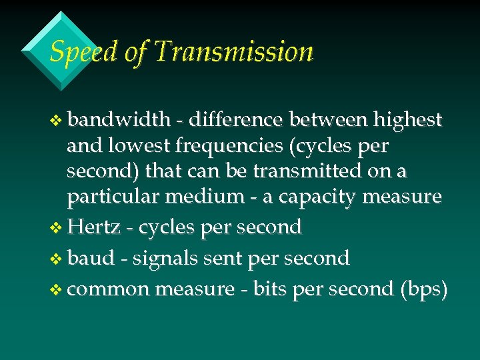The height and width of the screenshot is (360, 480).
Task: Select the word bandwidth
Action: (x=119, y=119)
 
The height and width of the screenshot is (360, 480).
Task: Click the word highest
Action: (x=407, y=119)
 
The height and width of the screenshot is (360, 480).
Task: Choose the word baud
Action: (x=91, y=258)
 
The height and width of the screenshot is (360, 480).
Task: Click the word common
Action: (x=108, y=289)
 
